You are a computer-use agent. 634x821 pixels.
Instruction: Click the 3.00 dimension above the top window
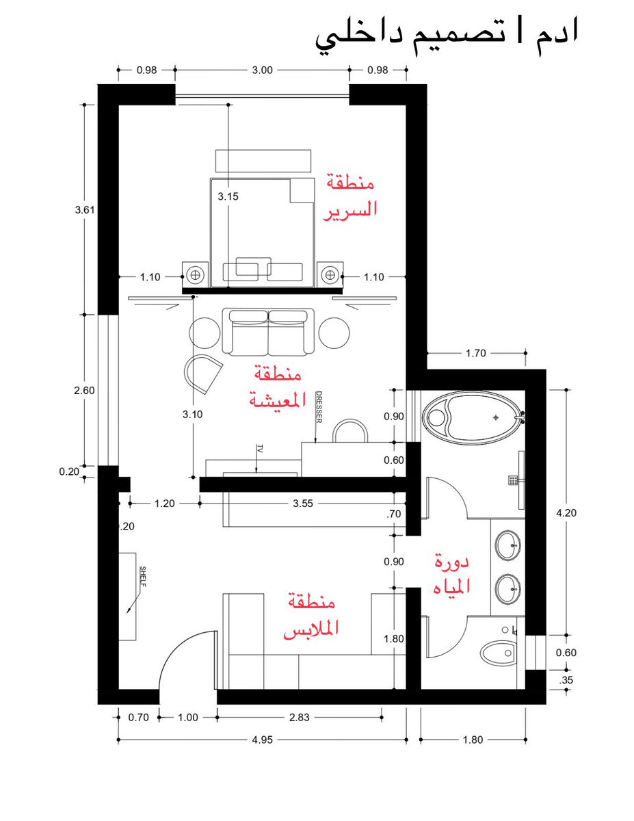point(262,70)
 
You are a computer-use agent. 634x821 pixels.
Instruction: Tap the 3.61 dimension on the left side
point(85,209)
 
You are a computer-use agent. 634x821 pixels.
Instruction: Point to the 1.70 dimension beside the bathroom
point(475,353)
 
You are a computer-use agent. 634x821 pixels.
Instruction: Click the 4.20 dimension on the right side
point(566,512)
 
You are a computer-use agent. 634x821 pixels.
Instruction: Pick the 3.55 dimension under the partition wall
point(303,504)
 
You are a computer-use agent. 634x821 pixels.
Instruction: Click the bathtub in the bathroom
point(473,417)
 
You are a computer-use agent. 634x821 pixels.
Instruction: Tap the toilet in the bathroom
point(499,652)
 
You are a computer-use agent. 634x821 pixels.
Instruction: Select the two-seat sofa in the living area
point(268,332)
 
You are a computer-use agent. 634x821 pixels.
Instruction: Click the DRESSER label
point(319,407)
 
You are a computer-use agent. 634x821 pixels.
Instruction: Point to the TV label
point(259,449)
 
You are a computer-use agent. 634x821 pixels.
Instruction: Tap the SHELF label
point(143,576)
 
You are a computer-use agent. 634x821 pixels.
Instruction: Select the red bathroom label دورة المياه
point(451,576)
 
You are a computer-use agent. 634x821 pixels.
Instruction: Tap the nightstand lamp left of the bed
point(195,274)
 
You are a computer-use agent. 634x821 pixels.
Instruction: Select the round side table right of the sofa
point(334,333)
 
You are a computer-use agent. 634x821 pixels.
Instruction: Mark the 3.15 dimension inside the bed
point(228,196)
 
